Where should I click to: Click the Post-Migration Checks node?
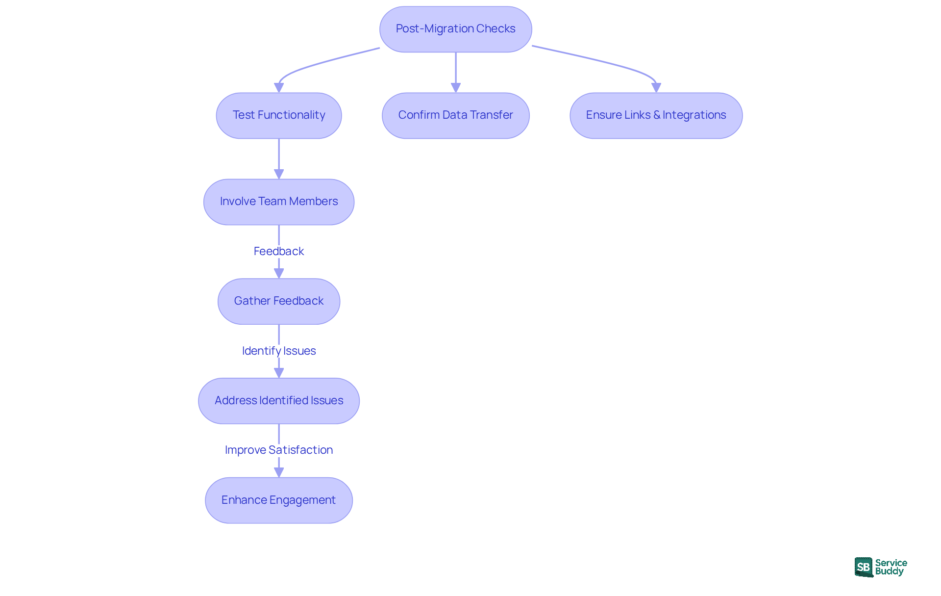click(455, 29)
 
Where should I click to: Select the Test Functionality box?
click(278, 115)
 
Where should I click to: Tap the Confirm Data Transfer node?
click(455, 115)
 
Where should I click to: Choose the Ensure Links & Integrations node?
click(656, 115)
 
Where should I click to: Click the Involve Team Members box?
click(278, 202)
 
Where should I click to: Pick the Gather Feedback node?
click(278, 301)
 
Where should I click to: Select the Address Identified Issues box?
click(278, 401)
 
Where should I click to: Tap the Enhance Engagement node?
click(278, 500)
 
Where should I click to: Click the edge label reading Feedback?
click(278, 251)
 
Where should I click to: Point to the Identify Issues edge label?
click(278, 351)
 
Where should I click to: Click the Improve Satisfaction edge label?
click(278, 450)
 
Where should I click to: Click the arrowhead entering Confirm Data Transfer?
click(456, 87)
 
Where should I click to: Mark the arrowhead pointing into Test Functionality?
click(279, 87)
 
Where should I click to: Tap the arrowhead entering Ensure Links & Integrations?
click(656, 87)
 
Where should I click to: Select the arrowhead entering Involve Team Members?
click(279, 174)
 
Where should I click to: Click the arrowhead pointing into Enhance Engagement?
click(279, 472)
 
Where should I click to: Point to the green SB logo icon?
click(864, 567)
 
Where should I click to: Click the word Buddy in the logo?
click(889, 571)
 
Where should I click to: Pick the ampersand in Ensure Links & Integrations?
click(657, 115)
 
